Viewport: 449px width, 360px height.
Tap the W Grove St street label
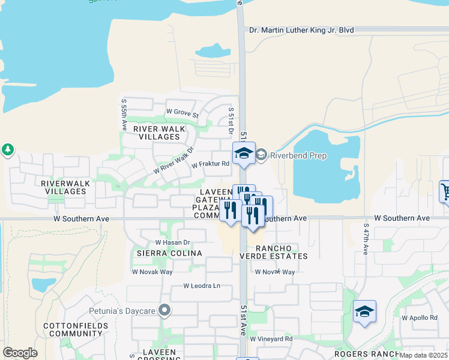[182, 112]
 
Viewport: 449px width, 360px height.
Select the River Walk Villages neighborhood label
[157, 133]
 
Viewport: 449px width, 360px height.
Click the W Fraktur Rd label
[211, 164]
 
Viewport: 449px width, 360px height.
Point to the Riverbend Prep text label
[298, 155]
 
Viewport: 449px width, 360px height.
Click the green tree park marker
[7, 149]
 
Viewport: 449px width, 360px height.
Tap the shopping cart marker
[445, 192]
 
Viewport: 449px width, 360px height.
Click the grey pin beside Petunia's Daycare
[165, 310]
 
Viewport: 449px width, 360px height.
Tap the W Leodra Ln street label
[202, 286]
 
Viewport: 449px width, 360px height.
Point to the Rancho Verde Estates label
[282, 252]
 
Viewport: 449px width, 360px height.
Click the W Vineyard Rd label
[271, 339]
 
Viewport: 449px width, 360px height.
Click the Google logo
[20, 353]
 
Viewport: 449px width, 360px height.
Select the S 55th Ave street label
[124, 116]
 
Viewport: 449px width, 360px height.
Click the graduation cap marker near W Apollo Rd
[364, 312]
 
